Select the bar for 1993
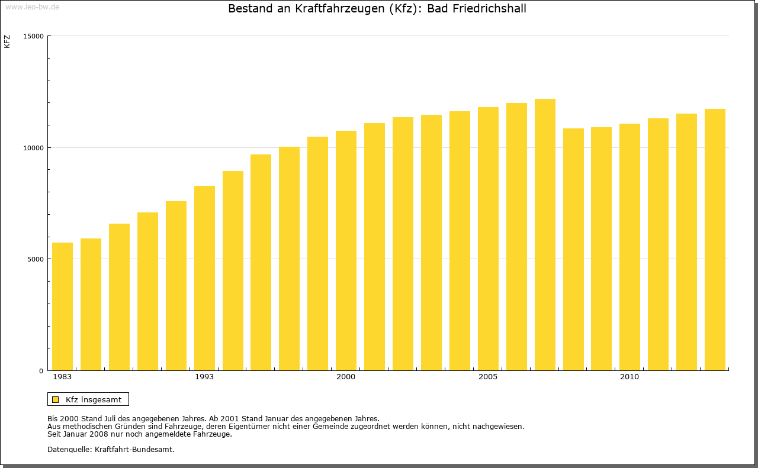tap(204, 278)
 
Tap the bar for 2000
tap(346, 251)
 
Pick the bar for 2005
tap(488, 239)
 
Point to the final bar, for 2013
tap(715, 240)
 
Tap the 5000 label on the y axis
tap(36, 259)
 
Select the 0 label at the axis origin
tap(41, 371)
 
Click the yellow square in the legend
tap(55, 400)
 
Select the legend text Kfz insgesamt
tap(94, 400)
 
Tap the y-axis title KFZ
tap(7, 41)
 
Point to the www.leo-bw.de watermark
tap(32, 7)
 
